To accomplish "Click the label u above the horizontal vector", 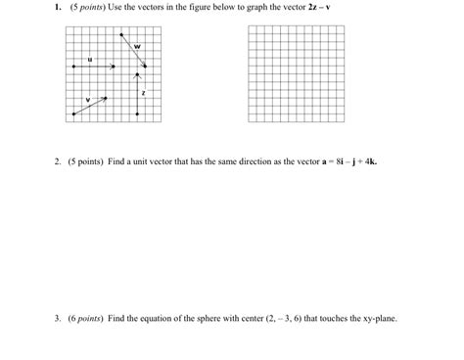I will tap(90, 58).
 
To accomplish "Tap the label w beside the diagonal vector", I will tap(137, 46).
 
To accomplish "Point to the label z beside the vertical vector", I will tap(144, 93).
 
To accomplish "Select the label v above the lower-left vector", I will tap(87, 100).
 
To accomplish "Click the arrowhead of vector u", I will tap(114, 67).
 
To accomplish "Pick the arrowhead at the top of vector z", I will tap(138, 74).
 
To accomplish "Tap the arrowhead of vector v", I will tap(105, 98).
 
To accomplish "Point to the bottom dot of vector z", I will tap(138, 114).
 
